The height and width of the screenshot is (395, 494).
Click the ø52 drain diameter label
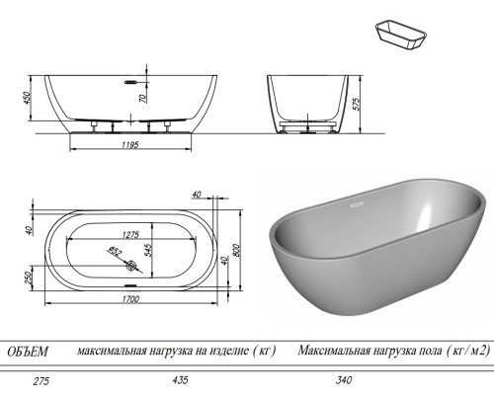tap(116, 252)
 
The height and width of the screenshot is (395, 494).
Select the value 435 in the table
tap(180, 379)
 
